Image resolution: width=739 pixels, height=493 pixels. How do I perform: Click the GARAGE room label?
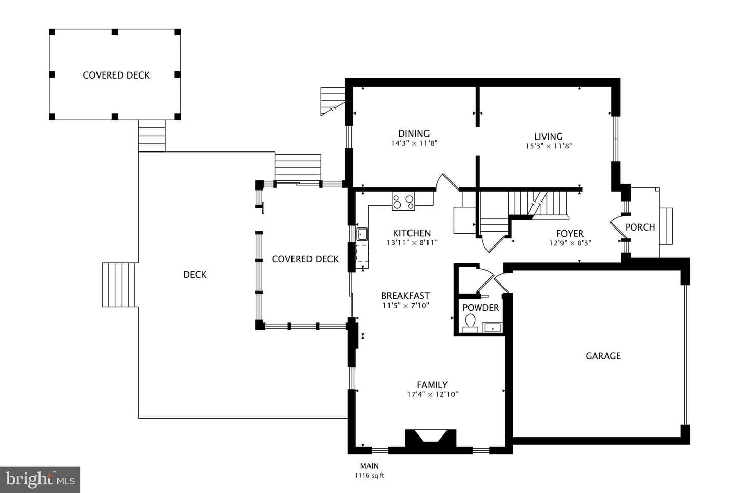point(603,356)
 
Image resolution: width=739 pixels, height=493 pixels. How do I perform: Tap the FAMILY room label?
point(432,385)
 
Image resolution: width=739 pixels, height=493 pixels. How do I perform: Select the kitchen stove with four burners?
point(403,201)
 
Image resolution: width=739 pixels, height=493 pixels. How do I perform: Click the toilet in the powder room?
point(470,323)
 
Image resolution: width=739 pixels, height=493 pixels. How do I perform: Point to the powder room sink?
point(493,328)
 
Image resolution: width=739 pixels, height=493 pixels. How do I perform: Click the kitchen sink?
point(362,234)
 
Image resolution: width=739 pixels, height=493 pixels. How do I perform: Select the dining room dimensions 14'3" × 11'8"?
point(414,143)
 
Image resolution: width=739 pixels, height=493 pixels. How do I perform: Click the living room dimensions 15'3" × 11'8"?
point(548,146)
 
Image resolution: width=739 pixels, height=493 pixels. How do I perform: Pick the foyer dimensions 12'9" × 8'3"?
point(570,243)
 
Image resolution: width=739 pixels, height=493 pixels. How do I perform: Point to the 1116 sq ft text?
point(369,476)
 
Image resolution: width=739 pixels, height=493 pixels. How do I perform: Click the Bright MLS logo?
point(40,480)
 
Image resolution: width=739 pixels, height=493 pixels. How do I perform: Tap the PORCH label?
point(640,227)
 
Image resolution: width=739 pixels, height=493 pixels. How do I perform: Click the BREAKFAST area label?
point(405,295)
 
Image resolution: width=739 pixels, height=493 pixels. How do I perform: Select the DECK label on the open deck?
point(195,274)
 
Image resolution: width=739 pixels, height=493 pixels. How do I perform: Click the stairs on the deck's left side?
point(119,285)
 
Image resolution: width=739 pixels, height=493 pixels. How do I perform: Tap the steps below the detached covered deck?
point(151,136)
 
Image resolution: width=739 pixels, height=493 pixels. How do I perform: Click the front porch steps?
point(666,226)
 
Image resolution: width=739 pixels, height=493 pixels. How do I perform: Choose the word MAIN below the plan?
point(369,466)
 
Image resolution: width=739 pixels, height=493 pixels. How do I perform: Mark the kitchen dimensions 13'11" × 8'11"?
point(412,243)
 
